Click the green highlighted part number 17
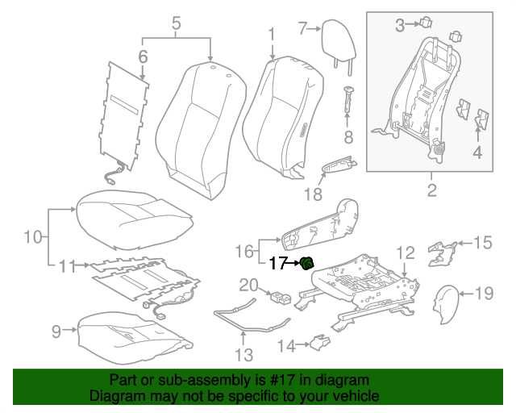(307, 263)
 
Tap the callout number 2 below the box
(431, 190)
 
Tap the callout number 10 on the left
(31, 236)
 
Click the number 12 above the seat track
(406, 253)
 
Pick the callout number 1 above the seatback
(272, 33)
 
